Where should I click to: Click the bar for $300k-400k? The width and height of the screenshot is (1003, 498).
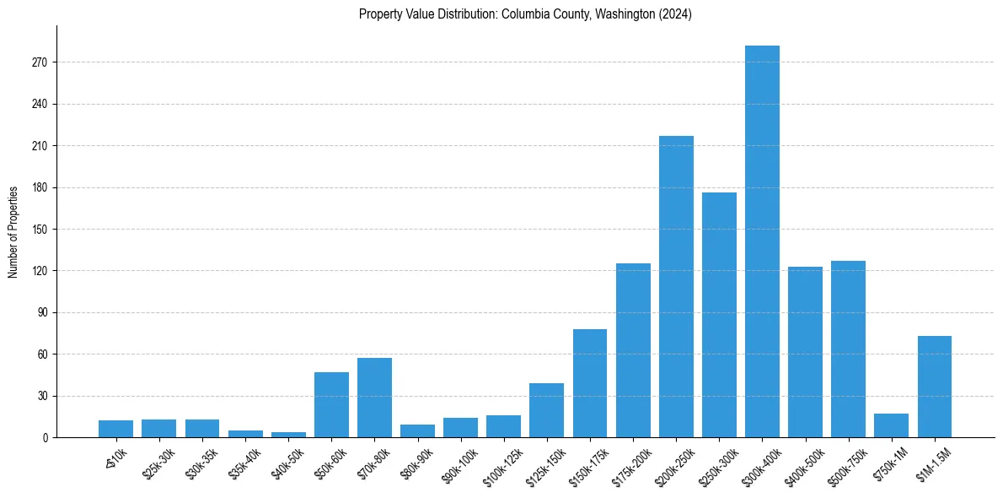[762, 241]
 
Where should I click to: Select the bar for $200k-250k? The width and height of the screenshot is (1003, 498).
[676, 287]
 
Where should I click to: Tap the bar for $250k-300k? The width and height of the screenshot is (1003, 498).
[719, 315]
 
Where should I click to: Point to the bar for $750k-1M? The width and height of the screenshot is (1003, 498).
[891, 425]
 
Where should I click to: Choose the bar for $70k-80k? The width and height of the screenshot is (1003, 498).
[374, 398]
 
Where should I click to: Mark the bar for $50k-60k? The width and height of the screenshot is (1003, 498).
[331, 404]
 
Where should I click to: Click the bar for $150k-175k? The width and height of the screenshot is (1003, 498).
[590, 383]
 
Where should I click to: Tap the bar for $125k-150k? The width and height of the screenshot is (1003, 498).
[546, 410]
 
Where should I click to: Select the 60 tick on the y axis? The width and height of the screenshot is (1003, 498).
[46, 354]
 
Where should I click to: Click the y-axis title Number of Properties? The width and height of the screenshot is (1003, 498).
[13, 231]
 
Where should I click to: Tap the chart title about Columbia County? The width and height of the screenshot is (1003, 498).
[525, 14]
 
